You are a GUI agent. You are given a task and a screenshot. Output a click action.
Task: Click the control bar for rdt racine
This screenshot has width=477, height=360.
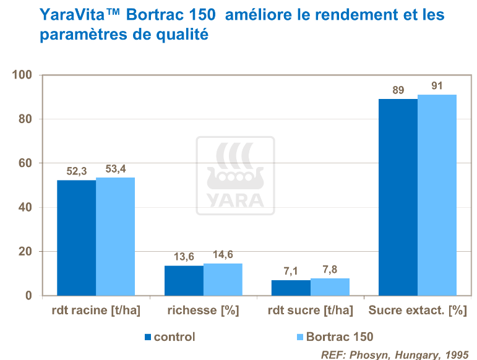76,238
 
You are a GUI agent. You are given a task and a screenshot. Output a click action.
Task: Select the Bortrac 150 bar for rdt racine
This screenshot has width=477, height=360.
115,236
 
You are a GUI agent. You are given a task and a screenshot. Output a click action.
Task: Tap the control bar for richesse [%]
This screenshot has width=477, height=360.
184,280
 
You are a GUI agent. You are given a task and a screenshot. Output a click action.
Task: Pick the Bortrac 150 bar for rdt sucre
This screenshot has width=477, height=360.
330,287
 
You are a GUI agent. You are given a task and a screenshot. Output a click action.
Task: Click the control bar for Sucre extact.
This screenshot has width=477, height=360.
398,197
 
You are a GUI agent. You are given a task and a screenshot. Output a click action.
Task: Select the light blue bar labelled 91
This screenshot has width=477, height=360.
437,195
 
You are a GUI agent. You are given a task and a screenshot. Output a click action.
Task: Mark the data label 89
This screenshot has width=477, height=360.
398,90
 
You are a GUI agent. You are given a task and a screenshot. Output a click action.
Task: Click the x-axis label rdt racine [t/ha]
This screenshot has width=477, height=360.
95,311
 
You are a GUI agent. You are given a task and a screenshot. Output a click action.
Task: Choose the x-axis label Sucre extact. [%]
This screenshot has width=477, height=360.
417,311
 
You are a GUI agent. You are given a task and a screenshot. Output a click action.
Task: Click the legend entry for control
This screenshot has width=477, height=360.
174,337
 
